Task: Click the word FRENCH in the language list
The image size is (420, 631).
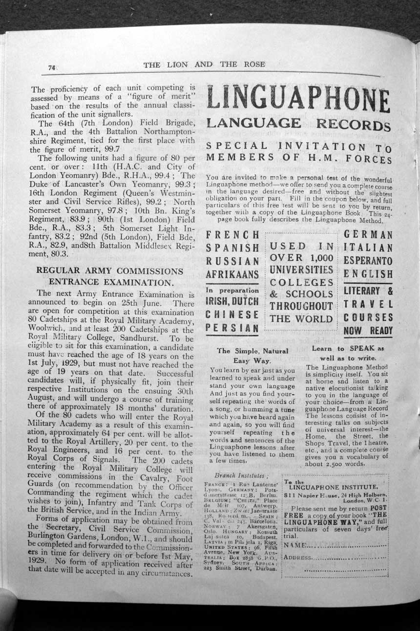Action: coord(232,236)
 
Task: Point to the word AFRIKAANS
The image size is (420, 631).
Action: coord(232,274)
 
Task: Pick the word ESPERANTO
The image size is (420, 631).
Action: coord(368,261)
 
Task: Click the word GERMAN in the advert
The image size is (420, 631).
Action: coord(368,235)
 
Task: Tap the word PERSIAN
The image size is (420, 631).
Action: coord(232,327)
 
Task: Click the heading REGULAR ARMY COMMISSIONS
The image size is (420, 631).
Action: coord(110,271)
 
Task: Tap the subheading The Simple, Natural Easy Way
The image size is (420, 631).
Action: coord(252,355)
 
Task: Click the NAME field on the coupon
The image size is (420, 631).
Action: coord(337,544)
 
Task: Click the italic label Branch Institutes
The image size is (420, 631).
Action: coord(238,475)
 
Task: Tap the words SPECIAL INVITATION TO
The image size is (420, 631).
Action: coord(298,146)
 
